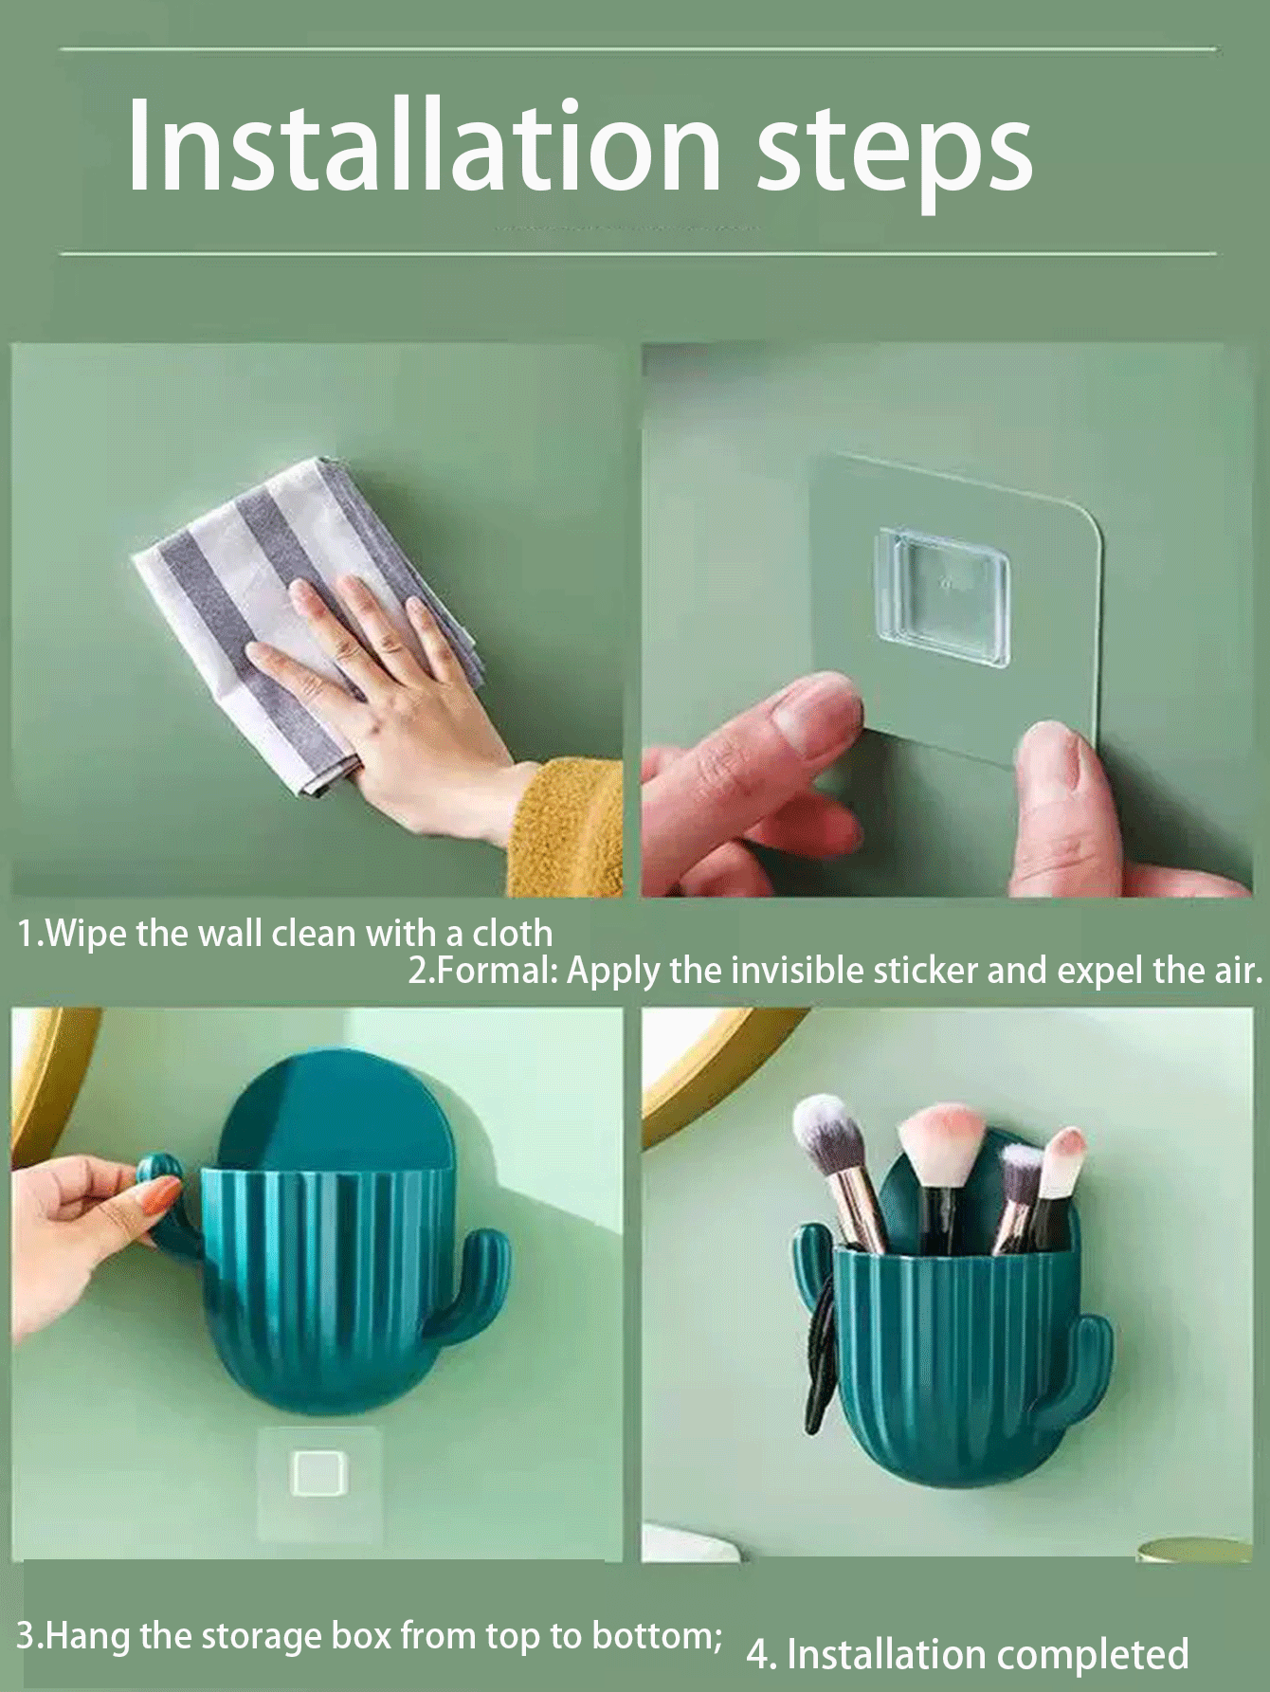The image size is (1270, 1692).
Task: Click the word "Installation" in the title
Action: coord(425,144)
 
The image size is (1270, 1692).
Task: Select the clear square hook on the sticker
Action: coord(941,598)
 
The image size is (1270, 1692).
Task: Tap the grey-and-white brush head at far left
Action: coord(827,1137)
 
